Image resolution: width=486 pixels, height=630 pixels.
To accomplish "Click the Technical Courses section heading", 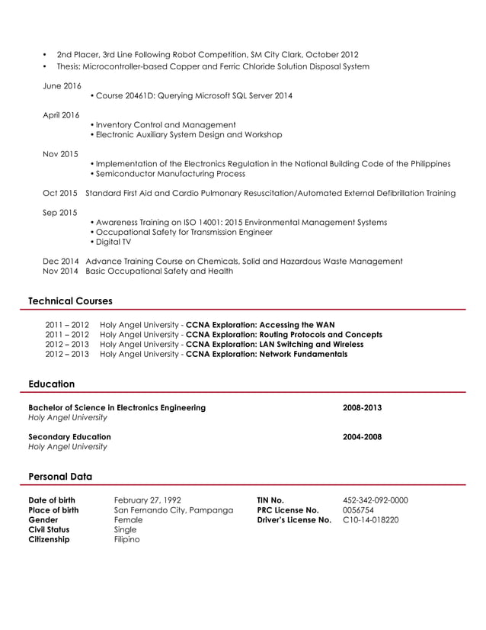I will coord(70,301).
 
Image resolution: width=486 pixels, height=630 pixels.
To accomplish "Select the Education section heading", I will coord(51,384).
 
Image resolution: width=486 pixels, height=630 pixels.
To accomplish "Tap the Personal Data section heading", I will coord(60,476).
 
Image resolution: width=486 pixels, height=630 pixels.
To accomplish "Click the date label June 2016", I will coord(62,85).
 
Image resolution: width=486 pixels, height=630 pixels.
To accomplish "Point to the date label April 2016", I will coord(61,114).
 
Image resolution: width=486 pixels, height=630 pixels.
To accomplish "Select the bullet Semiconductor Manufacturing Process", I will coord(168,174).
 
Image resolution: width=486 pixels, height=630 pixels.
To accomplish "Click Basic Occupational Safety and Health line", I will coord(159,271).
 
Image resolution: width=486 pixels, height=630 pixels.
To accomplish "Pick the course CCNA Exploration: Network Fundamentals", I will coord(267,354).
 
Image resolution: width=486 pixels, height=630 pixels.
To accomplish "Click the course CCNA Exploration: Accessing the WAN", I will coord(260,324).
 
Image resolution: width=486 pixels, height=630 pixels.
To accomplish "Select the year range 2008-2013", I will coord(362,407).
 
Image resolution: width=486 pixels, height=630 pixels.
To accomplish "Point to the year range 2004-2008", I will coord(362,437).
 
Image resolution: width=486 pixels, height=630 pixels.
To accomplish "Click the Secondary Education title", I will coord(69,437).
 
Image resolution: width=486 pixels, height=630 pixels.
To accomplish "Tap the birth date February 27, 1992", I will coord(147,500).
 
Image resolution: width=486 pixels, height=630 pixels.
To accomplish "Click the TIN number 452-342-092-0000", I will coord(376,500).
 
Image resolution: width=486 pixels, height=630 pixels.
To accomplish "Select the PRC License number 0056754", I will coord(359,510).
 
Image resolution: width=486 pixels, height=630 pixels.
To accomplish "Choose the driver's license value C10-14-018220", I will coord(370,520).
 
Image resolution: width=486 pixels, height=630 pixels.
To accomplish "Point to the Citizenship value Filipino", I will coord(126,539).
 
